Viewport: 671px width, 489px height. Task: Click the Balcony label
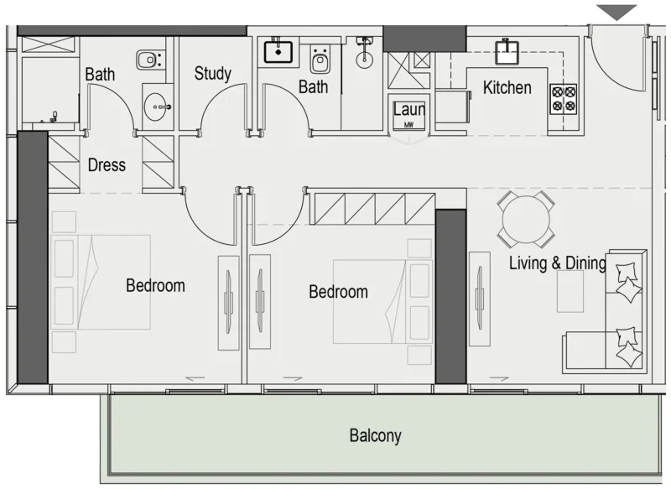375,436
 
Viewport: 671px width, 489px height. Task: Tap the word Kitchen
507,87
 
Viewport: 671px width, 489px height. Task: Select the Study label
212,74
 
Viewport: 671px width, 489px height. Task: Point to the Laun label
409,109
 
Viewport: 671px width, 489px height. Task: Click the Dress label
107,164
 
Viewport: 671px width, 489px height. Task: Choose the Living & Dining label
557,263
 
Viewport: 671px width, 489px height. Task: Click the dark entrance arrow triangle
622,12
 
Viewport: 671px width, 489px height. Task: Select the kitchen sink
507,53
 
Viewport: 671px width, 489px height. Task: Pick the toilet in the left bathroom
149,60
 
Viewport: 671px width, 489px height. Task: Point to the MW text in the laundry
409,124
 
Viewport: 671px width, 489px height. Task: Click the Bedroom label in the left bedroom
155,286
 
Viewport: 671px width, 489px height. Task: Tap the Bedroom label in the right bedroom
338,292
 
